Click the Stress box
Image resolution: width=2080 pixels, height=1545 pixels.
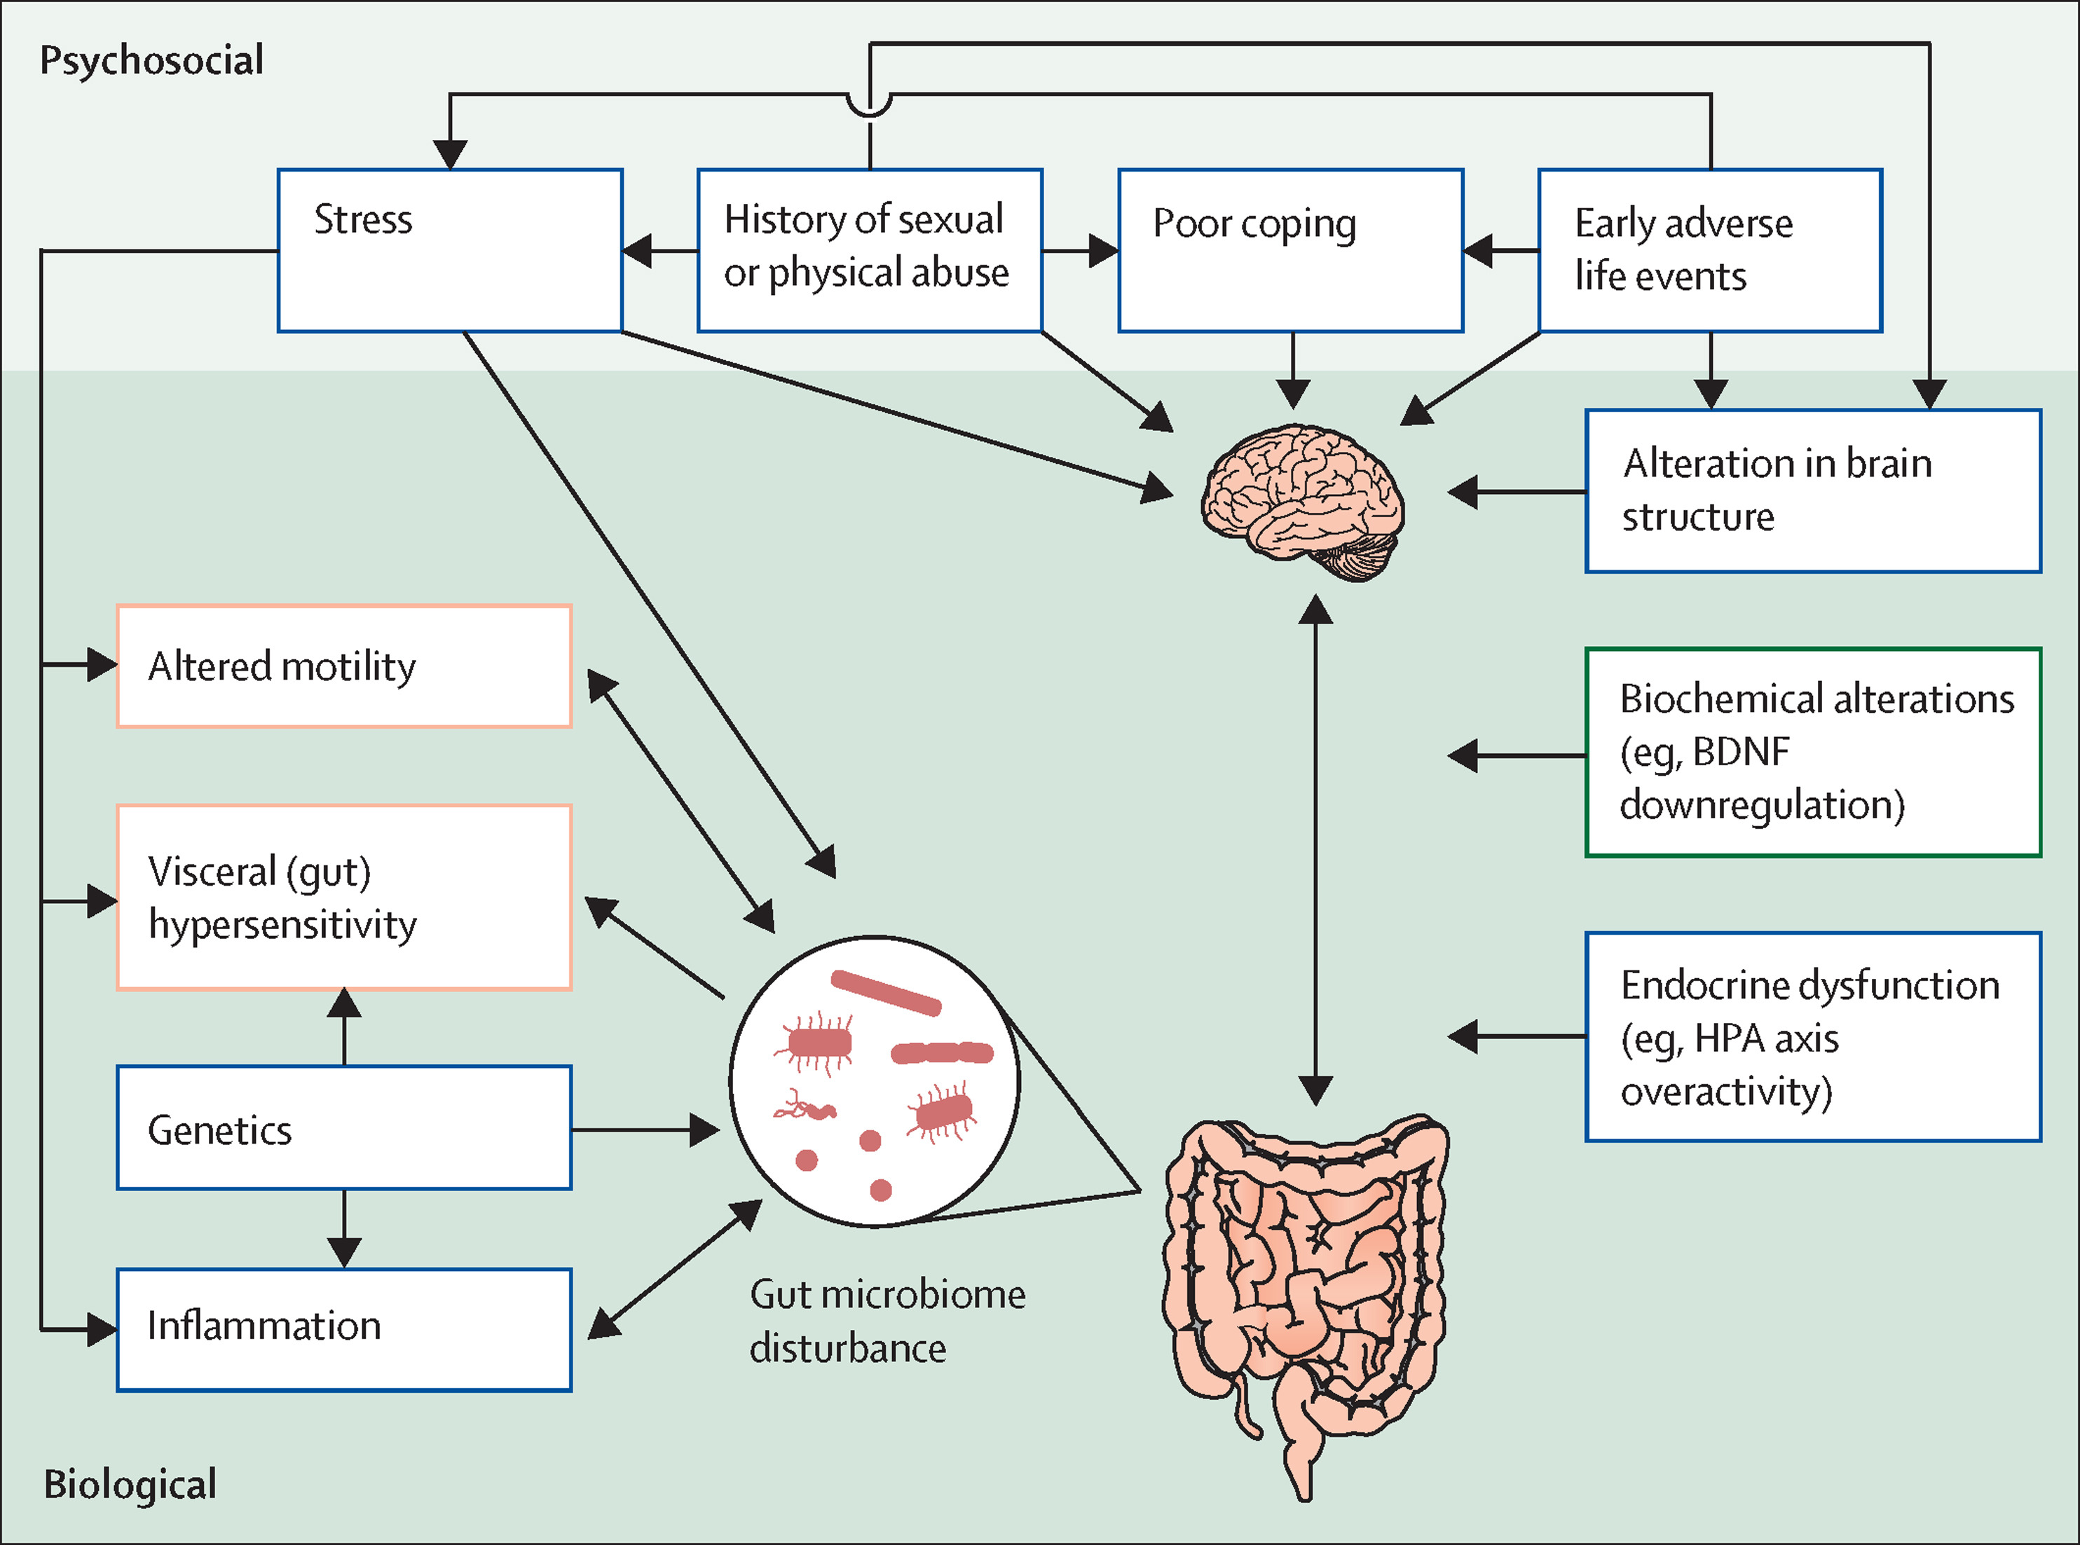(x=450, y=251)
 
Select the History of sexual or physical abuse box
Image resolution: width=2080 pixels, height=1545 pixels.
(x=869, y=251)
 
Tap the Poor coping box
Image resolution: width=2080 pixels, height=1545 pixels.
(x=1291, y=251)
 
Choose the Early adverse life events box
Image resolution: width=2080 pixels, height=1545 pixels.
(x=1710, y=251)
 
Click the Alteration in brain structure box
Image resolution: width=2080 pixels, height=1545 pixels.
(x=1812, y=491)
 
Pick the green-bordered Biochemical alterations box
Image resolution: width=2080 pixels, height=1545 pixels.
(x=1812, y=752)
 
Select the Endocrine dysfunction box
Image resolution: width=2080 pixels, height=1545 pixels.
(x=1812, y=1036)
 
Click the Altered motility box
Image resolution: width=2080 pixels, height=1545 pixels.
(x=344, y=666)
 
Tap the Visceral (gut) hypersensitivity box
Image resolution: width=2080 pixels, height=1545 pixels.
(x=344, y=898)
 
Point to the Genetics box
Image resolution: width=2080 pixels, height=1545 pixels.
(x=344, y=1128)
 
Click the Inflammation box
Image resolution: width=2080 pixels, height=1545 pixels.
(x=344, y=1329)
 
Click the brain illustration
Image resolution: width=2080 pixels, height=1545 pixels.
(x=1303, y=500)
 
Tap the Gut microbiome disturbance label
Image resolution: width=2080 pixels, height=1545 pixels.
(x=887, y=1321)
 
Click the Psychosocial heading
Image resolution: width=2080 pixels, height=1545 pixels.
(x=151, y=60)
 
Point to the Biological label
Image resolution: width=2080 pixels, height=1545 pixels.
(x=130, y=1483)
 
